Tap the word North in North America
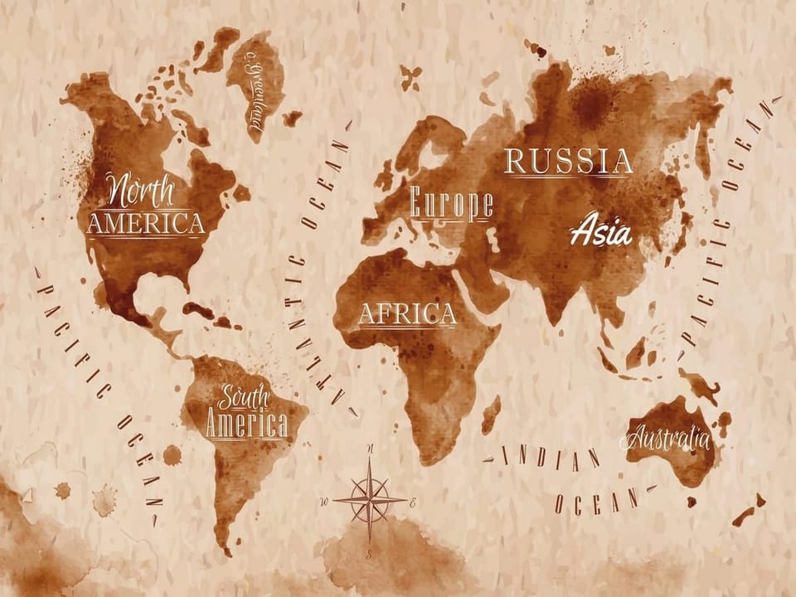142,192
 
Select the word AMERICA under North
145,223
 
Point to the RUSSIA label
569,161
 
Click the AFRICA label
407,314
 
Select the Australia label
668,437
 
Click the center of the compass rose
369,500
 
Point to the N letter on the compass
370,449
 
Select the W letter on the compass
326,501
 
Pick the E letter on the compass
413,502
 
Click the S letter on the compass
369,550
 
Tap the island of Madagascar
492,414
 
